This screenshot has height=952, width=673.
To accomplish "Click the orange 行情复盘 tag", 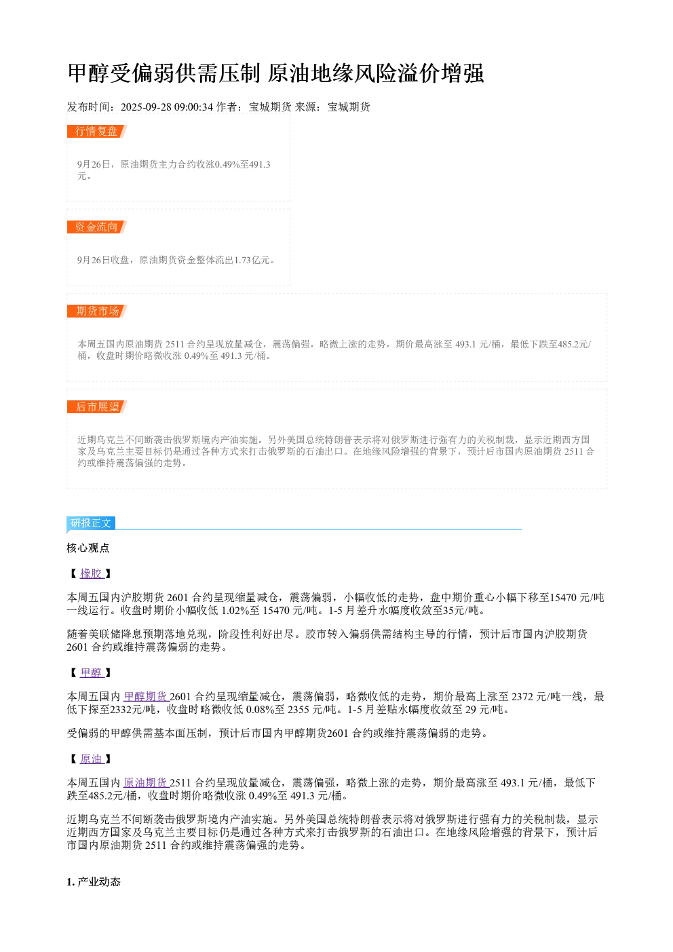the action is coord(96,132).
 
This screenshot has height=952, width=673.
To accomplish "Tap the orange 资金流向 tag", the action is coord(96,227).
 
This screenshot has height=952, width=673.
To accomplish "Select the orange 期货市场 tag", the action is coord(96,311).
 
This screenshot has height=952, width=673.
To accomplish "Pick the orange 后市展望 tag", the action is coord(96,406).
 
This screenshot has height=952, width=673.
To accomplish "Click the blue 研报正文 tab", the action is coord(91,522).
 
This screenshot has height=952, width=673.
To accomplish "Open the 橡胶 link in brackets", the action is coord(92,574).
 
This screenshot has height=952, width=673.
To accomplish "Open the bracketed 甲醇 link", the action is coord(92,672).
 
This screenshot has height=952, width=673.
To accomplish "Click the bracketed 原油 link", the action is coord(92,759).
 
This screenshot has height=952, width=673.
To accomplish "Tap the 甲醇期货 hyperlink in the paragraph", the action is coord(146,697).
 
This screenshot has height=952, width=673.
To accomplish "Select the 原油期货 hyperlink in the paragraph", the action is coord(146,783).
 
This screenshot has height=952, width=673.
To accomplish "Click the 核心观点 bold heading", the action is coord(88,548).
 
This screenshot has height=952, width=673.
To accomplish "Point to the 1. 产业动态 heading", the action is coord(94,882).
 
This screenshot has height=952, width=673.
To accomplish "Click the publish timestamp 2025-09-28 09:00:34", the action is coord(167,107).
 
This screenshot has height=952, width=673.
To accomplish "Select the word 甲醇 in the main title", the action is coord(89,73).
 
